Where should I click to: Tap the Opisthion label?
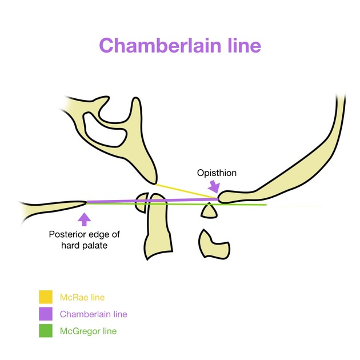point(217,173)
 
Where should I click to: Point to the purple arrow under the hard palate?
point(85,218)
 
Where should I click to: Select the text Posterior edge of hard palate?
point(85,240)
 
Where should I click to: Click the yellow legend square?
point(46,297)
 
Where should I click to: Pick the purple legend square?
point(46,314)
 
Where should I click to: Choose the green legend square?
point(46,330)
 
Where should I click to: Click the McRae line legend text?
point(82,297)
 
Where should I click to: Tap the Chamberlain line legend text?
point(93,314)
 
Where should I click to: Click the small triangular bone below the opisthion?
point(209,211)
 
